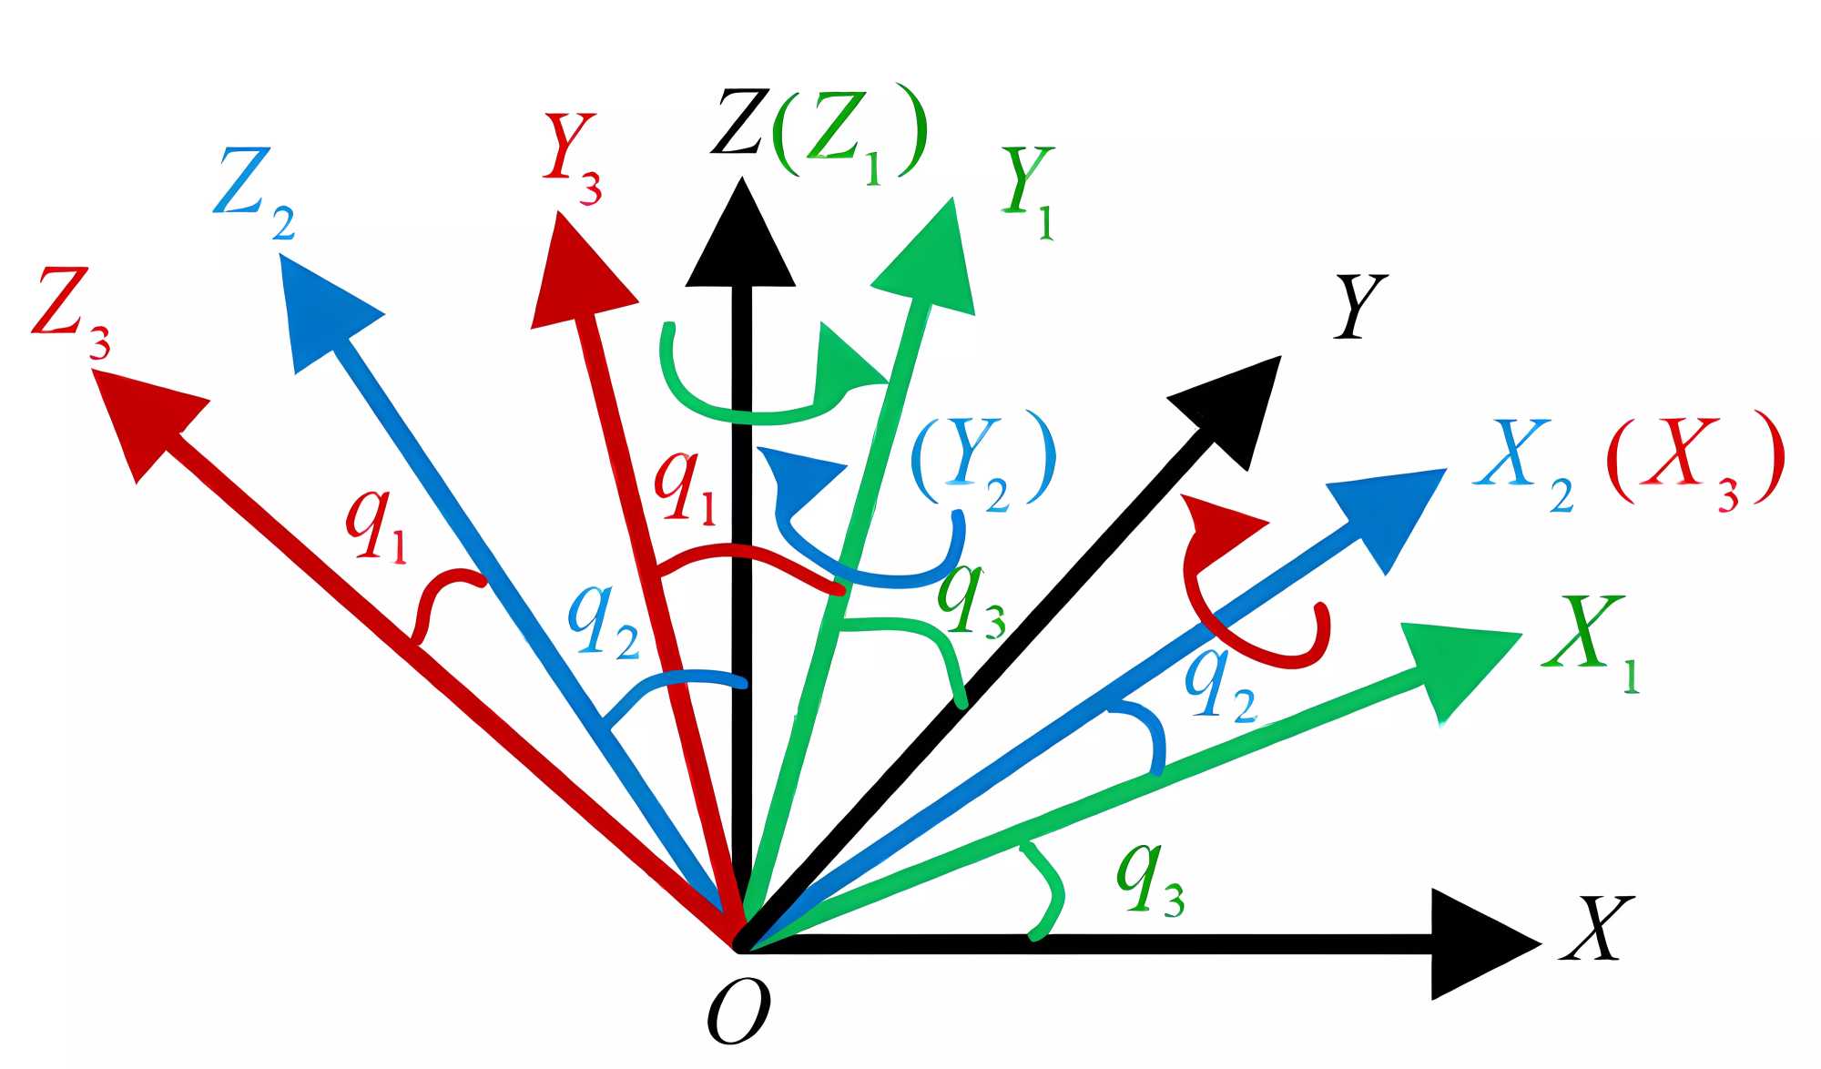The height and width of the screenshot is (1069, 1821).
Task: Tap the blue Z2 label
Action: click(x=255, y=194)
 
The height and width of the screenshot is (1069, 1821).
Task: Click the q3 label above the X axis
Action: click(x=1150, y=878)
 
